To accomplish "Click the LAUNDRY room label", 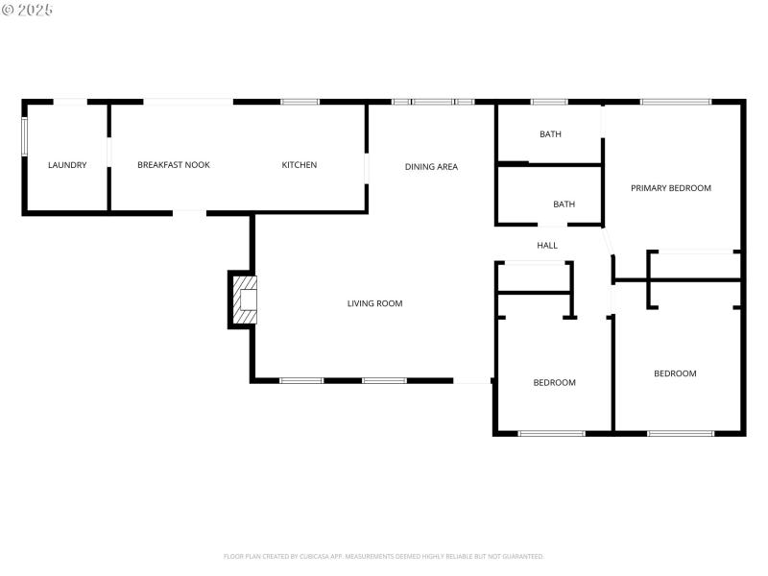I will [67, 165].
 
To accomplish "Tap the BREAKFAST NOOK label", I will [174, 165].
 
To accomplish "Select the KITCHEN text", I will [299, 165].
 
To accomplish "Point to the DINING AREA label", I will [431, 167].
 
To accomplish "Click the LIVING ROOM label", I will [374, 303].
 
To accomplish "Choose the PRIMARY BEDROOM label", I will [671, 188].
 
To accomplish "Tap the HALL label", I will [547, 246].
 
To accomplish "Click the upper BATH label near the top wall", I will [550, 134].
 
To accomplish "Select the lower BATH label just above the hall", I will [564, 204].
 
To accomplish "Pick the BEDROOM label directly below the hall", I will [554, 383].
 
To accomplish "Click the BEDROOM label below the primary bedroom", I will [675, 373].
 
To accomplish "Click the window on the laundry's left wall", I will [25, 134].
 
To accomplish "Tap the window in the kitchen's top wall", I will [300, 102].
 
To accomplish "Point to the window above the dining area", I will [433, 102].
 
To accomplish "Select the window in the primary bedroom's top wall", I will [675, 102].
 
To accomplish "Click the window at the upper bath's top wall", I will [549, 102].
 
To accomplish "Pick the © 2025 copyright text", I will [28, 10].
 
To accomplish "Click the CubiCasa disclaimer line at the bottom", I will [384, 556].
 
